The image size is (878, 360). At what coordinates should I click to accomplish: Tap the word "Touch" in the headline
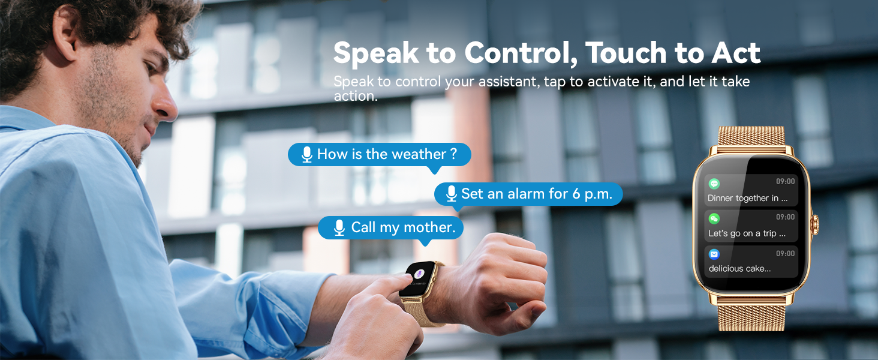point(626,53)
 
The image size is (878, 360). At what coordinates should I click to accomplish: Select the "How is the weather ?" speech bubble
point(379,155)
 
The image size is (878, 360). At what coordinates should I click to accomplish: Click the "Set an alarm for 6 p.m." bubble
point(528,194)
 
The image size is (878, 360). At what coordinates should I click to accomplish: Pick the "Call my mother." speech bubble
point(390,227)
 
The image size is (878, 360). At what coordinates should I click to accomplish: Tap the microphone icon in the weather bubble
point(307,155)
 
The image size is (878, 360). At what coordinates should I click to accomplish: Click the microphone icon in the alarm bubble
point(452,194)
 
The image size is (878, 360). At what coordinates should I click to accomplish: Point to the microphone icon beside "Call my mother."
point(339,227)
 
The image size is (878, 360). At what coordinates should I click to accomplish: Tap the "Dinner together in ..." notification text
point(747,198)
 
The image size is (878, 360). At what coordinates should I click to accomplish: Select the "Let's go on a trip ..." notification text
point(747,233)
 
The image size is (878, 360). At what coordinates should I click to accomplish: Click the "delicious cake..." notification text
point(739,269)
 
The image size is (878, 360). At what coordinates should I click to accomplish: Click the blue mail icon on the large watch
point(714,254)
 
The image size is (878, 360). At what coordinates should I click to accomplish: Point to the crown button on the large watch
point(816,226)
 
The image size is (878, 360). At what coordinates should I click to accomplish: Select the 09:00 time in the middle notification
point(785,217)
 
